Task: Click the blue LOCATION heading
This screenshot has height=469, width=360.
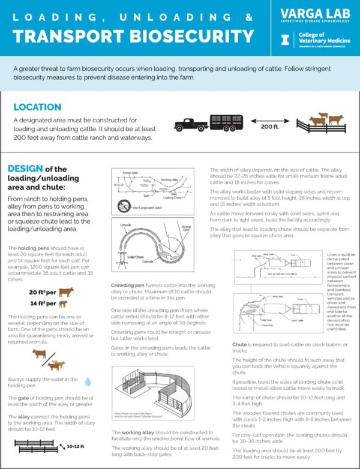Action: pyautogui.click(x=37, y=107)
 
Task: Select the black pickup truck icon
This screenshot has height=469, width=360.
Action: pyautogui.click(x=191, y=124)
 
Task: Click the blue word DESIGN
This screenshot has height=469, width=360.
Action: pyautogui.click(x=25, y=169)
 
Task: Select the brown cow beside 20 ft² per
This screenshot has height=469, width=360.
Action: pyautogui.click(x=66, y=292)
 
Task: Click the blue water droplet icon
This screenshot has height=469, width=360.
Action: pyautogui.click(x=88, y=381)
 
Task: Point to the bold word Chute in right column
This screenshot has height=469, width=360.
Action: pyautogui.click(x=239, y=345)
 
